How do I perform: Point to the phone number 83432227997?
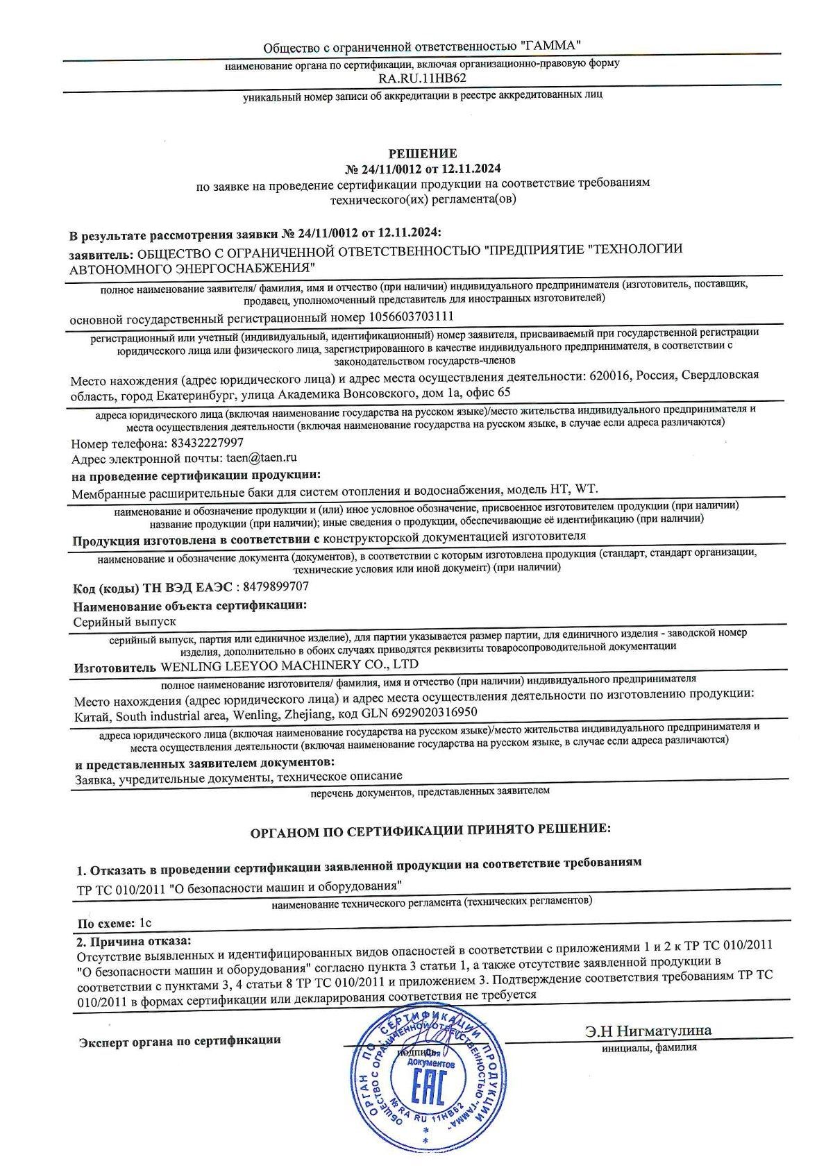pyautogui.click(x=205, y=442)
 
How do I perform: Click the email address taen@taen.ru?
pyautogui.click(x=258, y=458)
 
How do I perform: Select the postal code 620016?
pyautogui.click(x=609, y=375)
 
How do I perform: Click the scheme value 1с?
pyautogui.click(x=144, y=923)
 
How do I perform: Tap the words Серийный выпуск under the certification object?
pyautogui.click(x=125, y=622)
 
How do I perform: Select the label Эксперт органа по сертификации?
pyautogui.click(x=180, y=1040)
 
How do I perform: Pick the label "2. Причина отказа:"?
pyautogui.click(x=132, y=940)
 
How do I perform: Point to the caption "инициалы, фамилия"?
pyautogui.click(x=649, y=1048)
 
